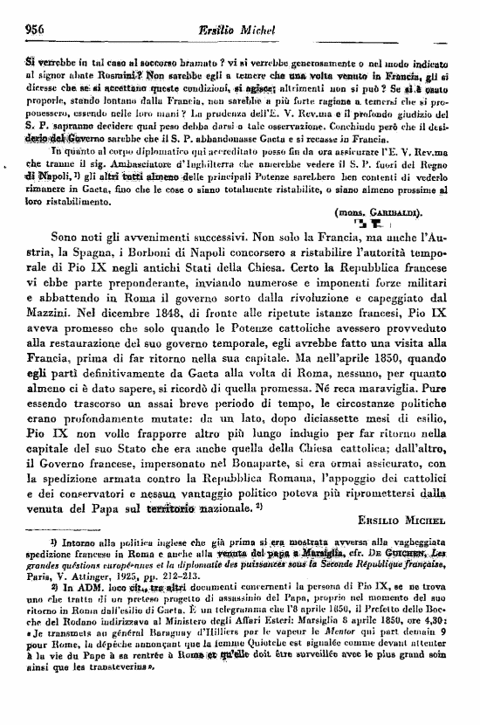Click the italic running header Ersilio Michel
point(243,28)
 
